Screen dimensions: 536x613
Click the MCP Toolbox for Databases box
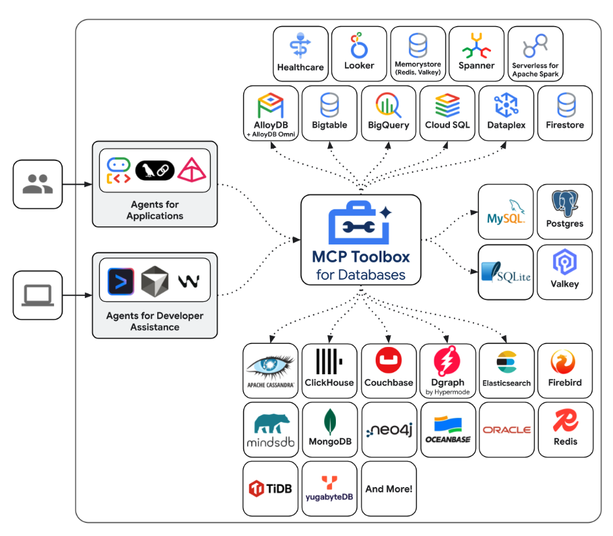point(361,239)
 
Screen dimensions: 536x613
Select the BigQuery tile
point(389,113)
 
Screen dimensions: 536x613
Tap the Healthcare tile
point(301,53)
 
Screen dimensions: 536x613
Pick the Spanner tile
point(477,53)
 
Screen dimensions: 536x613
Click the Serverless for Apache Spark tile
point(535,53)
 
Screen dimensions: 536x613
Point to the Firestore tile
point(565,113)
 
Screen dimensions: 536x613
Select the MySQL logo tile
point(505,212)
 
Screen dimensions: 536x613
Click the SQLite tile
point(505,272)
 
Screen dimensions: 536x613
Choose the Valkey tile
point(565,272)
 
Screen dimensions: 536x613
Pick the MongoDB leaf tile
point(330,429)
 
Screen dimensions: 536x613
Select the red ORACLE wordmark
point(507,430)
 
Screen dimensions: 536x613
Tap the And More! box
point(389,488)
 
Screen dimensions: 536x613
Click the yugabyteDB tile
point(330,488)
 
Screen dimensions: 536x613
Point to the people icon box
point(38,185)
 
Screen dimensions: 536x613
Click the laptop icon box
point(38,295)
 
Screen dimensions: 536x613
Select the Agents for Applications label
point(155,211)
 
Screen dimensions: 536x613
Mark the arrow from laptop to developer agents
point(77,295)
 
